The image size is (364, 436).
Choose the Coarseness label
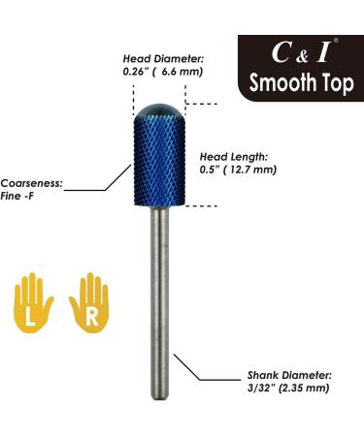(x=29, y=181)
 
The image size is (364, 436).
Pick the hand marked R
(x=90, y=299)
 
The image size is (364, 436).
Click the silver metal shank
(x=158, y=291)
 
